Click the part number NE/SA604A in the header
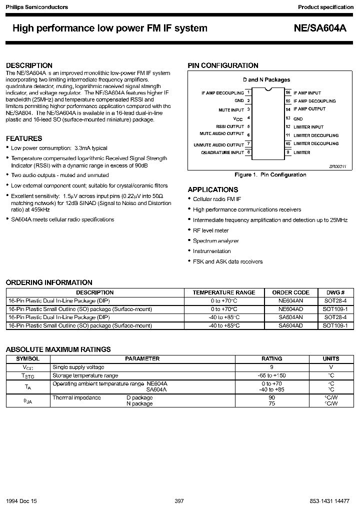click(x=319, y=28)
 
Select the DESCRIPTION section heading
click(x=29, y=65)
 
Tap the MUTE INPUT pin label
click(x=231, y=109)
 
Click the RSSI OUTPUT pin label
click(x=230, y=126)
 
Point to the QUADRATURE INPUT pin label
click(x=222, y=152)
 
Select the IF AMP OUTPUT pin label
click(x=309, y=109)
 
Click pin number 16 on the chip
click(x=288, y=92)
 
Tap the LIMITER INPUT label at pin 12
click(x=308, y=127)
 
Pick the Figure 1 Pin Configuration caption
click(x=270, y=174)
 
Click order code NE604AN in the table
click(x=290, y=301)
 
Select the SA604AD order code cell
click(x=290, y=325)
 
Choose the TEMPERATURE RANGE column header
click(x=224, y=292)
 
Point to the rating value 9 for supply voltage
click(x=272, y=367)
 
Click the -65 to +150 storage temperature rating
click(x=272, y=375)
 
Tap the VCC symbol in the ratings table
click(x=28, y=367)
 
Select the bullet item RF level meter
click(x=210, y=230)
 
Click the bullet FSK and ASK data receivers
click(x=227, y=261)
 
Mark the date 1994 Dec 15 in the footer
click(x=21, y=500)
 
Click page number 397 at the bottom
click(x=179, y=500)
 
